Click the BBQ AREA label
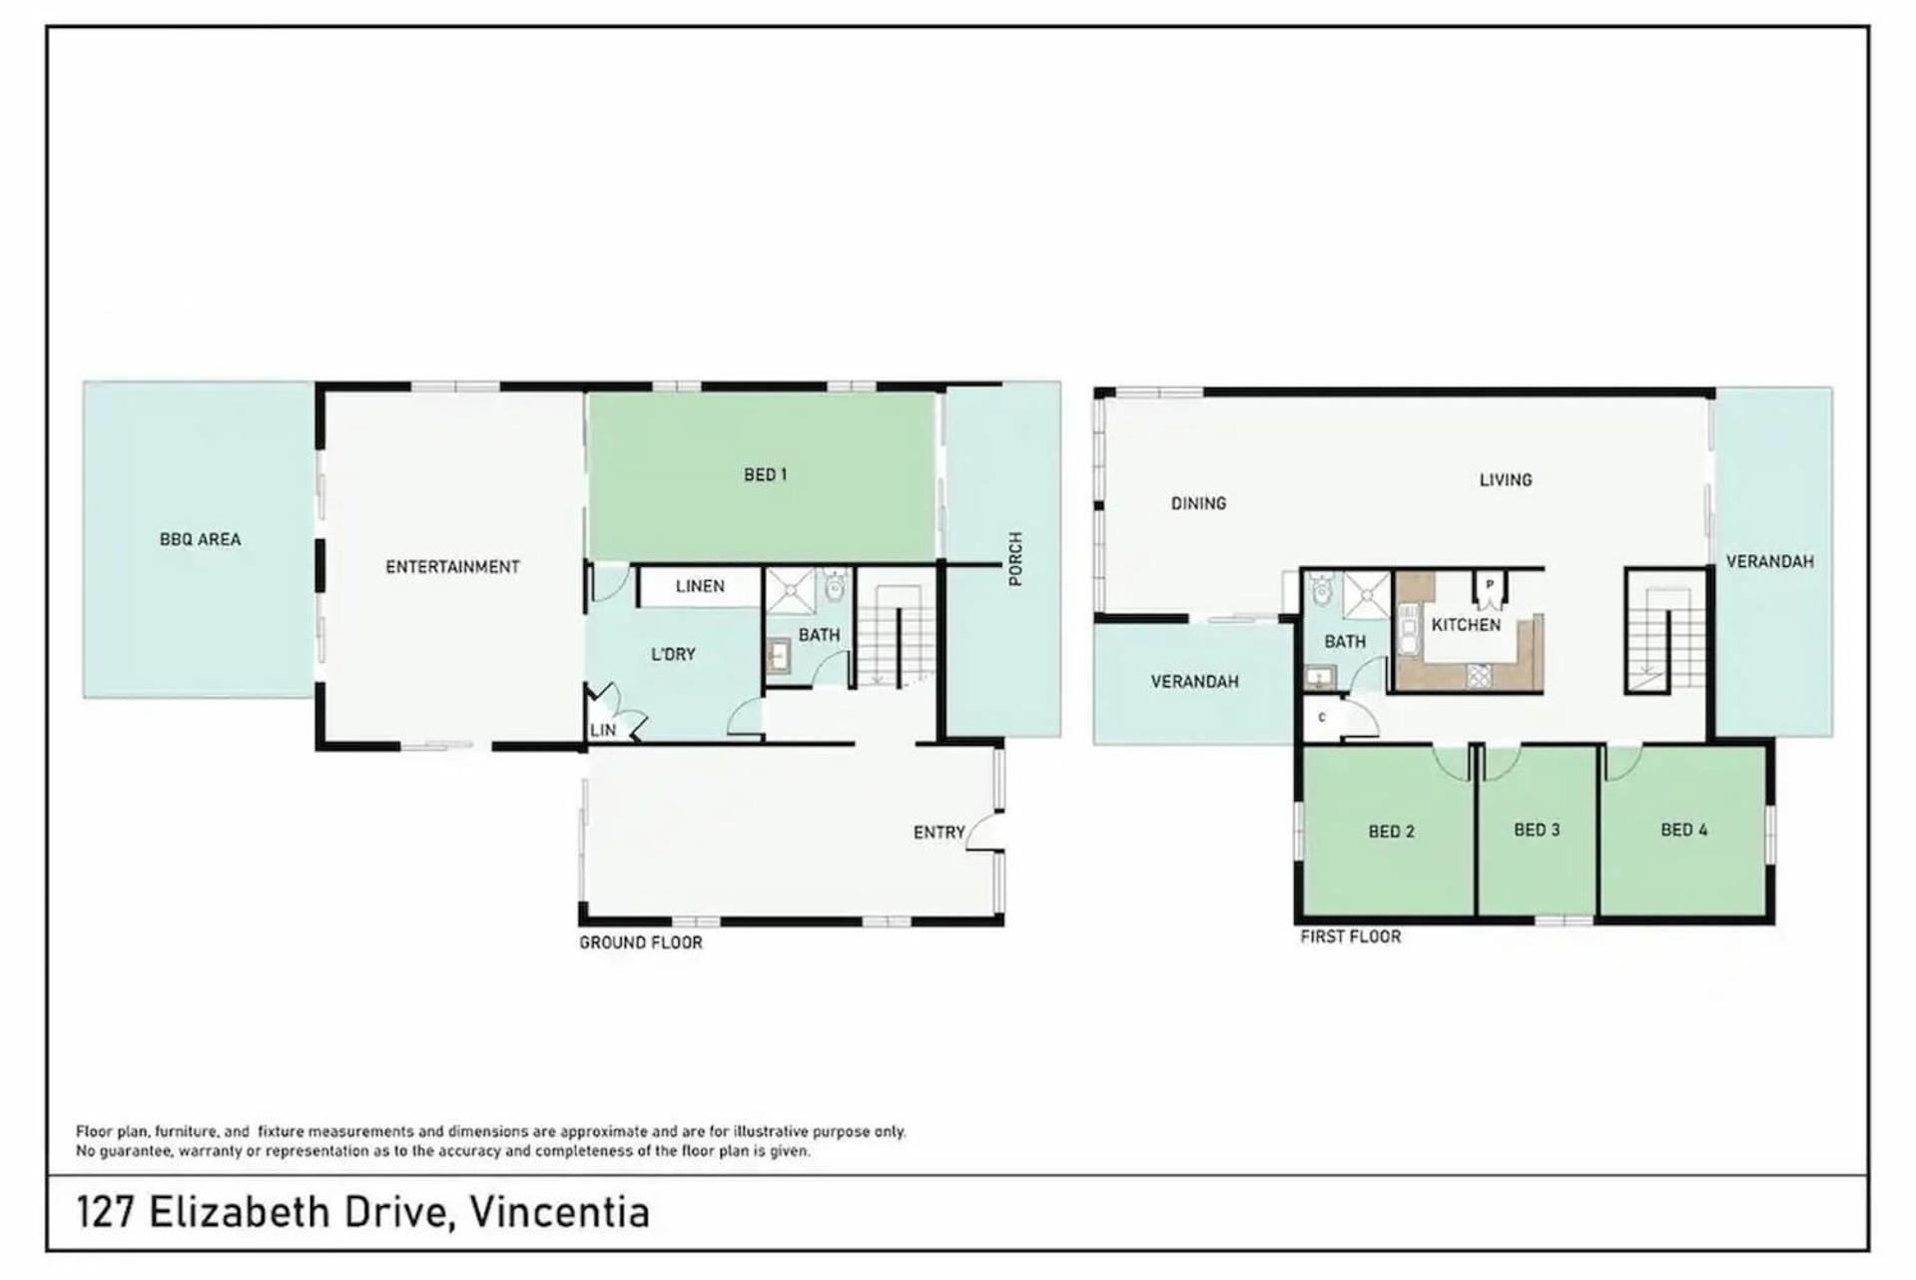200,539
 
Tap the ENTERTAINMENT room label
452,567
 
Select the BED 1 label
765,475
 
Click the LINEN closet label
700,586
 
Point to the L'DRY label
673,654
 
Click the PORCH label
1015,559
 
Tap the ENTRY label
939,832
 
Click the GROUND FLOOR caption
641,943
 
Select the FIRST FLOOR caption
1350,937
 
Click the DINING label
1198,503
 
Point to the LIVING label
1505,480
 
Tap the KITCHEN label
1466,625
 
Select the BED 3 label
1537,830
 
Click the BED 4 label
1683,830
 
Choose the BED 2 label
1391,832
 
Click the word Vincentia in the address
559,1213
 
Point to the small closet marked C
1323,718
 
